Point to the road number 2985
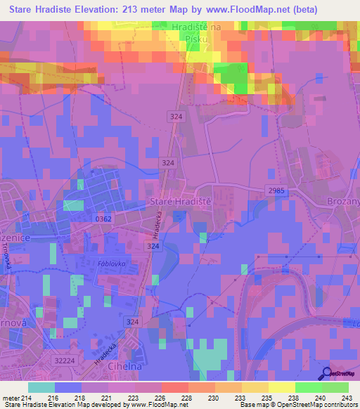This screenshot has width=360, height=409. [276, 190]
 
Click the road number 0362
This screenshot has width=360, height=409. [103, 219]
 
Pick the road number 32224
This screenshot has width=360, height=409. [64, 361]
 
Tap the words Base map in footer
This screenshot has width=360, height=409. [250, 405]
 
